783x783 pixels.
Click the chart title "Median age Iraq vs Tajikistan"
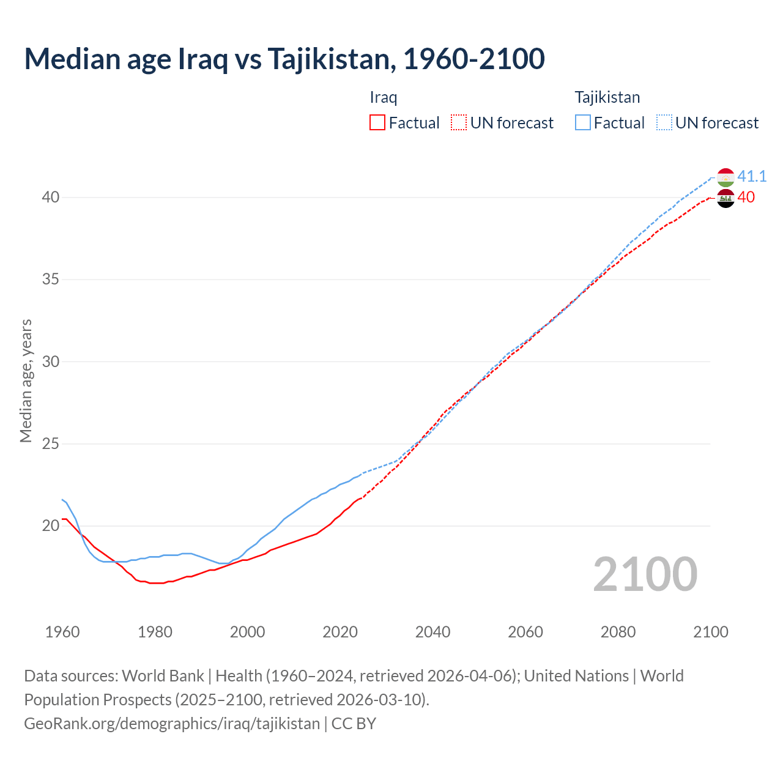pos(284,59)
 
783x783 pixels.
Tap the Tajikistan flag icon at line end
pos(725,177)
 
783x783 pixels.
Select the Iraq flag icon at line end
pos(725,198)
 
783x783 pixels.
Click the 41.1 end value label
pos(752,177)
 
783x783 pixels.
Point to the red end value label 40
pos(746,198)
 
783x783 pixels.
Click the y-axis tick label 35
pos(51,280)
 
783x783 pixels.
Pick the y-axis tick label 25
pos(51,443)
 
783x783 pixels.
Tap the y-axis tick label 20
pos(51,526)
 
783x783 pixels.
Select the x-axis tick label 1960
pos(62,632)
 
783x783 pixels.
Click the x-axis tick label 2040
pos(432,632)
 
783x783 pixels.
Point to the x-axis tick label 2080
pos(618,632)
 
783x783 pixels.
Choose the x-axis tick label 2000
pos(248,632)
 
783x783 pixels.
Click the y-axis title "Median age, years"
pos(26,380)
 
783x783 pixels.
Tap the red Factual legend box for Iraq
pos(377,123)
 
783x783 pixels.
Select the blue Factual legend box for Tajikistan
pos(583,123)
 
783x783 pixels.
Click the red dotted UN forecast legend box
pos(459,123)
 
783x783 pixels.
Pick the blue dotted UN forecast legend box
pos(664,123)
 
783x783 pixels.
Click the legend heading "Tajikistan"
pos(607,97)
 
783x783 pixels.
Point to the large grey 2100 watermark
pos(645,574)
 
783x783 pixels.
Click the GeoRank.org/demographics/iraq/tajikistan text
pos(172,724)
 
